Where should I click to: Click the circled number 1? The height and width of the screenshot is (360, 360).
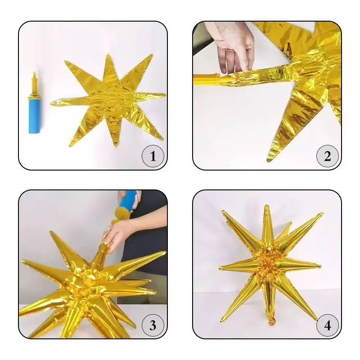coord(153,156)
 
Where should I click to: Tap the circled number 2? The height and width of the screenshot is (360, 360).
coord(328,156)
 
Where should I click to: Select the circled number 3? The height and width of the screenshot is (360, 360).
coord(153,325)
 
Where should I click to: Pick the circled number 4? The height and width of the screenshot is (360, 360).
coord(328,325)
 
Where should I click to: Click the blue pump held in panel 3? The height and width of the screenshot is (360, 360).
coord(127,202)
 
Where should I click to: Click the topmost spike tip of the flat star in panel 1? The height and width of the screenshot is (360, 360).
coord(108,54)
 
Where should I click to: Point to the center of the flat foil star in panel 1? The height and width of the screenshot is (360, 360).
coord(108,100)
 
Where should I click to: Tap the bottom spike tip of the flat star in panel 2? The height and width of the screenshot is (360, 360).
coord(268,160)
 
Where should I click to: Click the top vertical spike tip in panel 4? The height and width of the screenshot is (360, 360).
coord(266,206)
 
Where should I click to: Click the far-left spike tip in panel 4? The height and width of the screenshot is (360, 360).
coord(220,268)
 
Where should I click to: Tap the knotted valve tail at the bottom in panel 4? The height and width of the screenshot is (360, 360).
coord(271,320)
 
